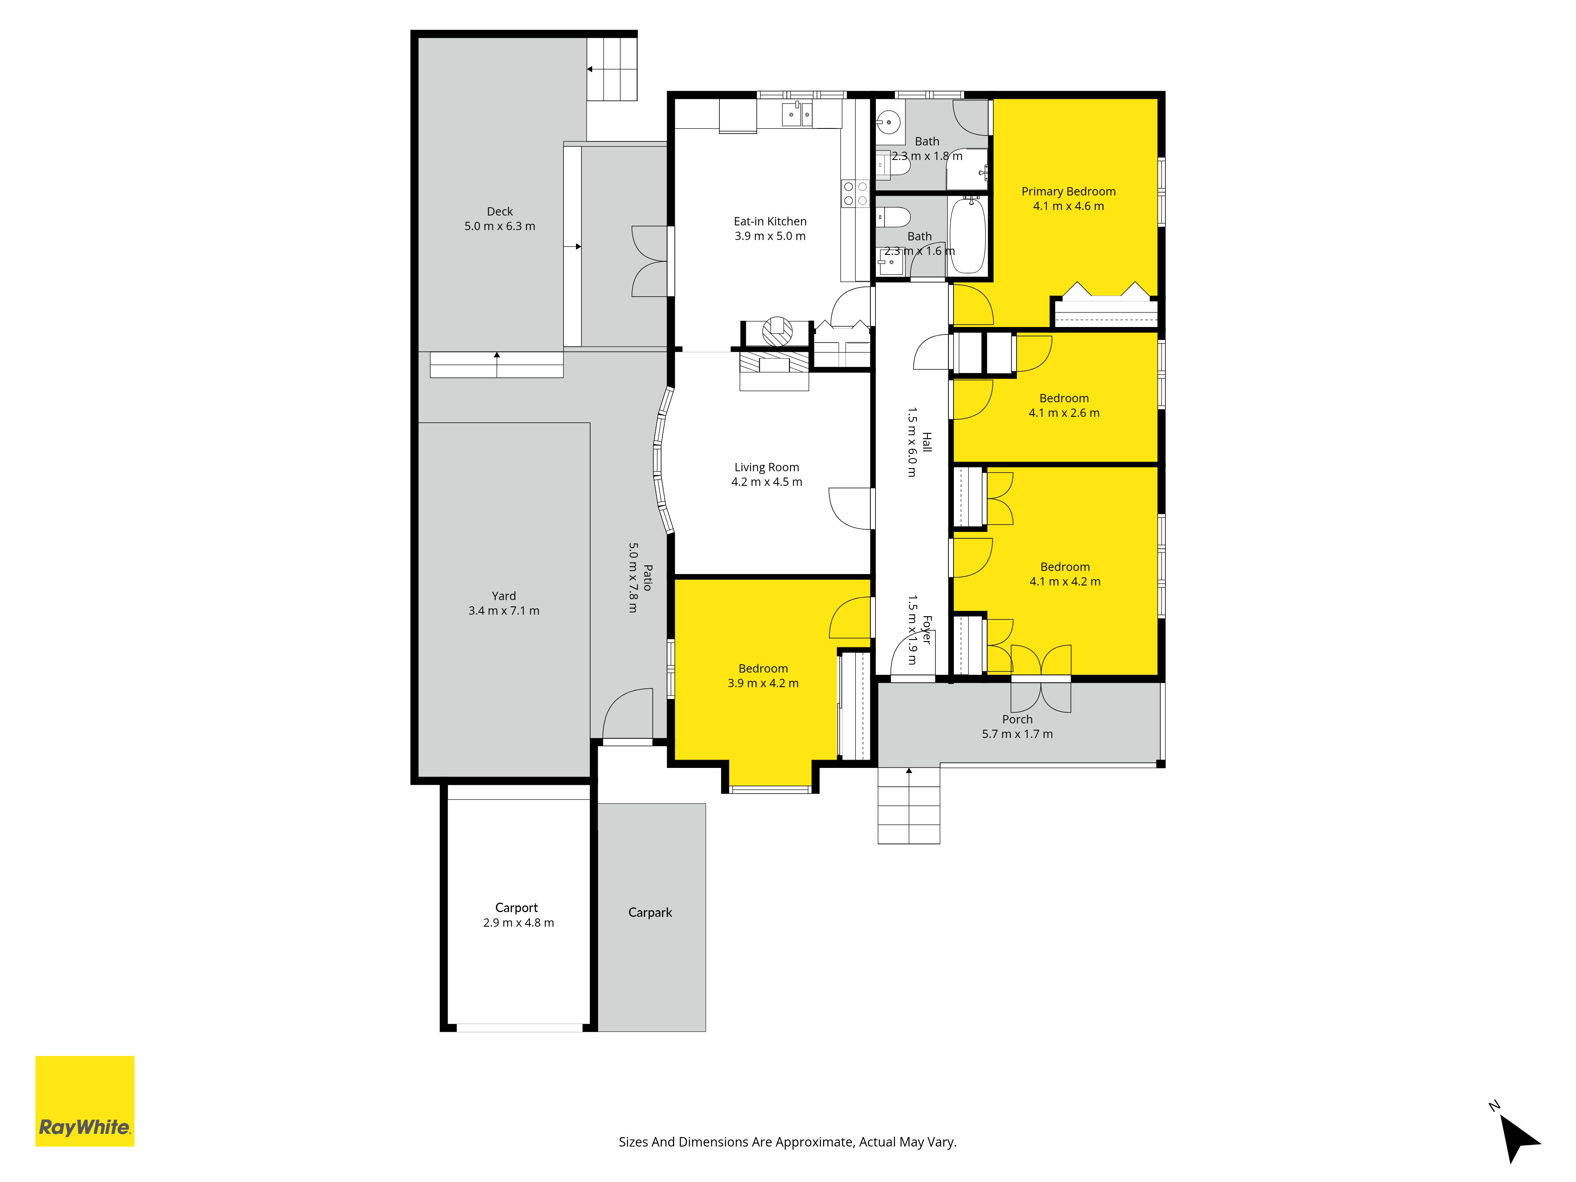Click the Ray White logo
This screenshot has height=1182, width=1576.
(85, 1101)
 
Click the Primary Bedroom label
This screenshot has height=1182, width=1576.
(1068, 191)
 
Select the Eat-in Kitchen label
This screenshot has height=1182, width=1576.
(770, 221)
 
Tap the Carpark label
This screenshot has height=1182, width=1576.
(650, 913)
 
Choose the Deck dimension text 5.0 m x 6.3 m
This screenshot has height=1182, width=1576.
(500, 226)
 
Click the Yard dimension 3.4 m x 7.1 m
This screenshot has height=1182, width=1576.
(504, 611)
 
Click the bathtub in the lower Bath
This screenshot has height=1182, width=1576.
(968, 236)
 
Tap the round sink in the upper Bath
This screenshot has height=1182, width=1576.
(888, 122)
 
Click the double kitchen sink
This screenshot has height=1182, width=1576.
(797, 114)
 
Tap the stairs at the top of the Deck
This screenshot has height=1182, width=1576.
(611, 69)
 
